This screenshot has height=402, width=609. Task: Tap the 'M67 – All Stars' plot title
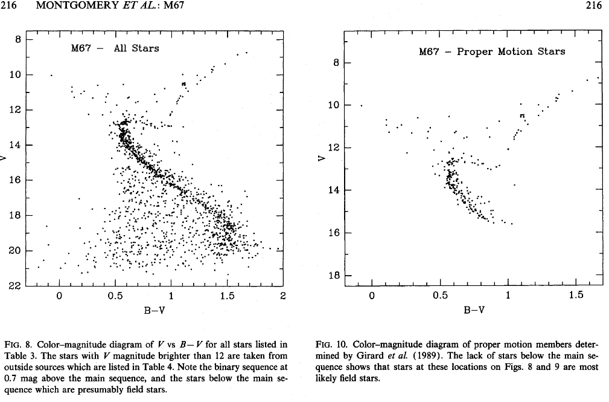[115, 48]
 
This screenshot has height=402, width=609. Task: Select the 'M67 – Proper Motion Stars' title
[492, 51]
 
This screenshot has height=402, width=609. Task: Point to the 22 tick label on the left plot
[14, 286]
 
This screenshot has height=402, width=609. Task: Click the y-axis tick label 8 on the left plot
[18, 40]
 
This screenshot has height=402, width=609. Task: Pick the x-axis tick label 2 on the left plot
[282, 296]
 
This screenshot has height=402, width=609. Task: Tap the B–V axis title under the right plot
[474, 310]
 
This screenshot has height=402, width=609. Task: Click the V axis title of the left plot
[5, 159]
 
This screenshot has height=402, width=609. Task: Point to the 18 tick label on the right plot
[332, 276]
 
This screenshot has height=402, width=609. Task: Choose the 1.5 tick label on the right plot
[576, 295]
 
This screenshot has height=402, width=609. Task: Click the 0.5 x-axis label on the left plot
[115, 296]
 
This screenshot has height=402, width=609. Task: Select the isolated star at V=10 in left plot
[51, 75]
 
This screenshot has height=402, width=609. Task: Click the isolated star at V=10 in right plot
[362, 106]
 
